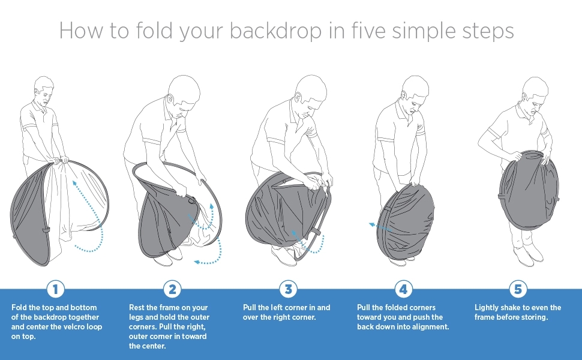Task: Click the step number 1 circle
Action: pos(56,289)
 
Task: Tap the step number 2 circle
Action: pos(172,289)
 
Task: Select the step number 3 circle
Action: pos(289,289)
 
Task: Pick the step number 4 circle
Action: pos(403,289)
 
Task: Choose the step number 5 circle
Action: pos(518,289)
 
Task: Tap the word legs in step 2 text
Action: pos(136,317)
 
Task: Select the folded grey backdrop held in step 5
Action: pos(529,190)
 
